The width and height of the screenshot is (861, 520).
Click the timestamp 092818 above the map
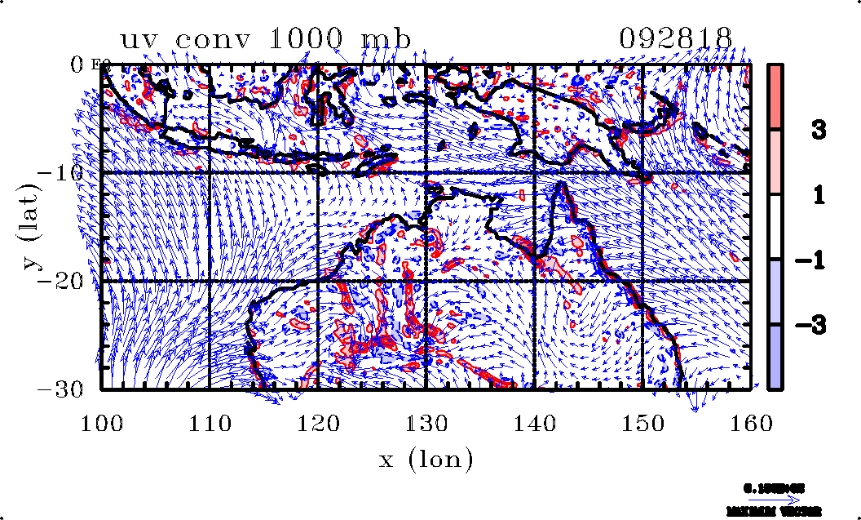click(x=675, y=38)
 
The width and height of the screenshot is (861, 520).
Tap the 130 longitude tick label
click(x=426, y=422)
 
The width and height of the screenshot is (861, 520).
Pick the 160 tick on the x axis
click(x=750, y=422)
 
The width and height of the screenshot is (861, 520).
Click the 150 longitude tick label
click(x=642, y=422)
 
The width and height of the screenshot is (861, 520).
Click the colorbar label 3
click(x=818, y=129)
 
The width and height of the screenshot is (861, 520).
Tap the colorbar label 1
click(x=818, y=194)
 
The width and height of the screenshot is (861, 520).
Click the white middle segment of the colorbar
click(x=775, y=227)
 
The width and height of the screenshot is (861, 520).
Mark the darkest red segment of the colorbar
click(x=775, y=96)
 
